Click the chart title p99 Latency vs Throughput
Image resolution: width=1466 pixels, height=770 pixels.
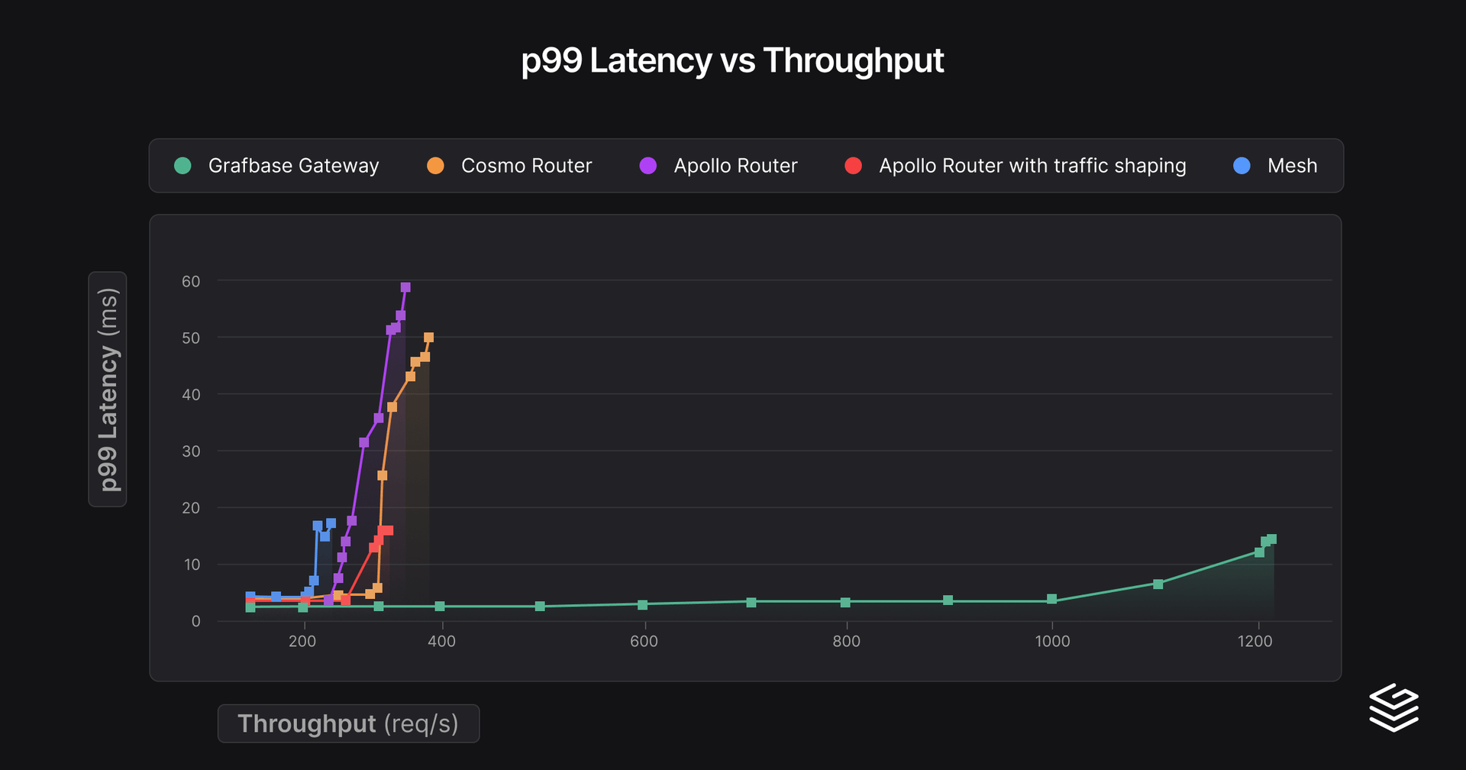pyautogui.click(x=732, y=60)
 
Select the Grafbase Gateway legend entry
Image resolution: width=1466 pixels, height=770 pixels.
pyautogui.click(x=293, y=166)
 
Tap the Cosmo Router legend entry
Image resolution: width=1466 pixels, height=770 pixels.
pyautogui.click(x=526, y=166)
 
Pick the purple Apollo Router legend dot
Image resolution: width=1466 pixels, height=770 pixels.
pyautogui.click(x=647, y=166)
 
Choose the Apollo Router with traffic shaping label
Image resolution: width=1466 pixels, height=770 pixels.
pyautogui.click(x=1032, y=166)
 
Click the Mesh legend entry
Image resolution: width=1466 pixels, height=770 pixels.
pyautogui.click(x=1292, y=166)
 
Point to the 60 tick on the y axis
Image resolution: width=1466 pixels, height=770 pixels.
pyautogui.click(x=191, y=281)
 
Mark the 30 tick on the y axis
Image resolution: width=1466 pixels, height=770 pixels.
pyautogui.click(x=191, y=451)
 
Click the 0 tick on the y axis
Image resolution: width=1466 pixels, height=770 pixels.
pyautogui.click(x=196, y=622)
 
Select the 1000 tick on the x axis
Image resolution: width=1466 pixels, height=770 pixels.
pyautogui.click(x=1052, y=642)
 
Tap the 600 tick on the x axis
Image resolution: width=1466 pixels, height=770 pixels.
pyautogui.click(x=644, y=642)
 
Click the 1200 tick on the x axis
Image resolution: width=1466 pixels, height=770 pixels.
pyautogui.click(x=1254, y=642)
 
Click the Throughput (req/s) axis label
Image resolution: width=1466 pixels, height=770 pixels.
pyautogui.click(x=348, y=723)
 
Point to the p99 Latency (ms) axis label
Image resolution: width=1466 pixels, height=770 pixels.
pyautogui.click(x=108, y=390)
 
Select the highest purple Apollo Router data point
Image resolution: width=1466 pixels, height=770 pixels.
pyautogui.click(x=405, y=287)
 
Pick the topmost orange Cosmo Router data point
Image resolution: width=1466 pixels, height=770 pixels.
pyautogui.click(x=428, y=337)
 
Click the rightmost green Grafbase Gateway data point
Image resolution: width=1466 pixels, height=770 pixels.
pyautogui.click(x=1271, y=539)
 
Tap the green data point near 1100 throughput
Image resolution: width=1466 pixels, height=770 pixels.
pyautogui.click(x=1158, y=584)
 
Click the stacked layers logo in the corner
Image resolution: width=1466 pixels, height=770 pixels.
pyautogui.click(x=1393, y=707)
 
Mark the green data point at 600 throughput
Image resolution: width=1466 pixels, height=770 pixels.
pyautogui.click(x=643, y=604)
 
